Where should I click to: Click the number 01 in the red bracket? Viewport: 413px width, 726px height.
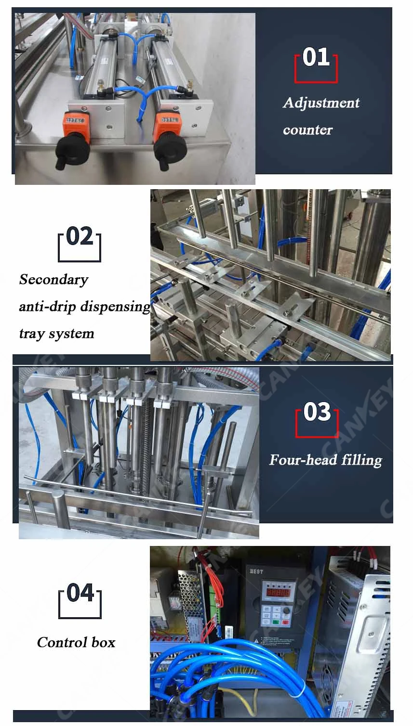click(316, 57)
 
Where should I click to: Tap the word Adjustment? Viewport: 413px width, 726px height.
click(321, 103)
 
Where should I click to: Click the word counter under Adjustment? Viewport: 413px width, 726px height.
click(307, 130)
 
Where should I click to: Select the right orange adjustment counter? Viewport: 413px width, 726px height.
click(167, 123)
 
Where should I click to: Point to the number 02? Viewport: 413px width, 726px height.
click(80, 237)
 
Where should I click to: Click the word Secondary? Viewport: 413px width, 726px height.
click(53, 280)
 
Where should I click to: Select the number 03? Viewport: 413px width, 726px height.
click(317, 413)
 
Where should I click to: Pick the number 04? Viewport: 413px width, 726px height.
click(80, 593)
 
